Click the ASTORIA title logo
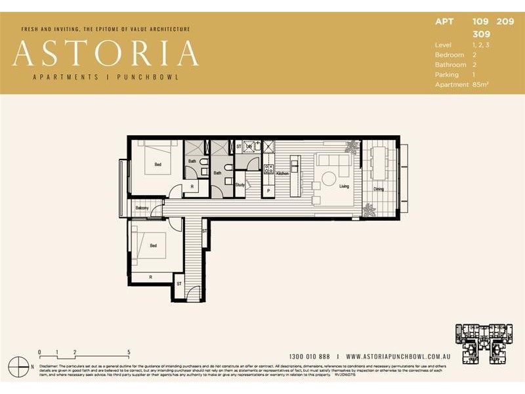[105, 54]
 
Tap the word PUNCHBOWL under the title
[150, 77]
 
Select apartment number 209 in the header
[505, 21]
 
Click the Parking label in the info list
[446, 74]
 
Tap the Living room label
[344, 186]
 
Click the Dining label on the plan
[379, 190]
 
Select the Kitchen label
[282, 173]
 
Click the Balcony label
[142, 208]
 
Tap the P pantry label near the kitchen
[268, 190]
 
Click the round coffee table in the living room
[329, 178]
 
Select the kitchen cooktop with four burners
[268, 169]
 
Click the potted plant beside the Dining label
[369, 209]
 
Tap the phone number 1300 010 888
[310, 355]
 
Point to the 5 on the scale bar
[129, 352]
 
